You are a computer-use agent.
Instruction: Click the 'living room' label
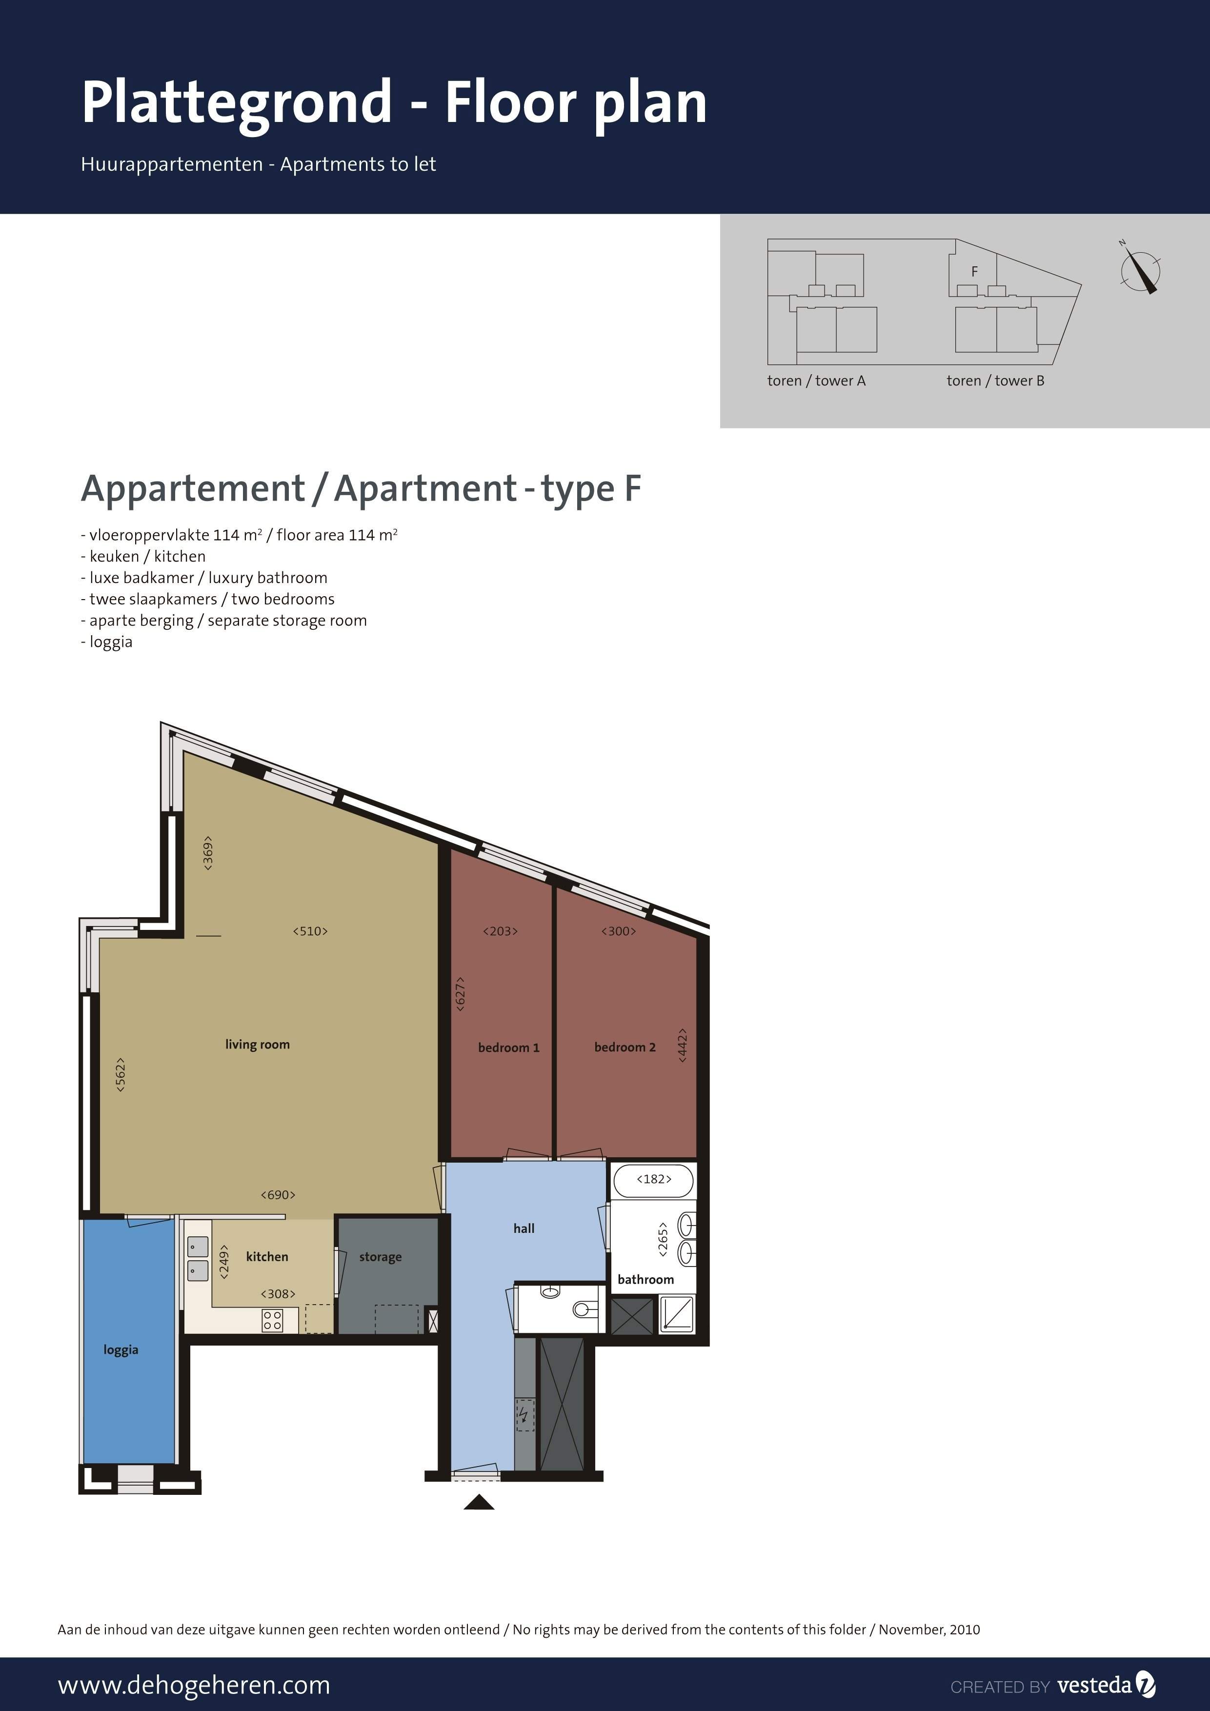coord(257,1044)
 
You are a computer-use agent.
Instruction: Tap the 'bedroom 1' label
coord(508,1047)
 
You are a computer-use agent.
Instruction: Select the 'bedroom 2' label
coord(625,1047)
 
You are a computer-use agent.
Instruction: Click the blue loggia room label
coord(121,1349)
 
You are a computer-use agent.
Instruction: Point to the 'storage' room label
coord(380,1257)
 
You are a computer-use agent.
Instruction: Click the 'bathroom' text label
coord(645,1280)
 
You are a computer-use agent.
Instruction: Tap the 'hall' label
coord(524,1228)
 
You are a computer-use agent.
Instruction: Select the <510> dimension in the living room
coord(310,931)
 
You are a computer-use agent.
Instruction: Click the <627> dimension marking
coord(461,993)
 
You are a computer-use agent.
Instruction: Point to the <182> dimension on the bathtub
coord(653,1179)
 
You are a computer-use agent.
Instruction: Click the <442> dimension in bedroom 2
coord(682,1045)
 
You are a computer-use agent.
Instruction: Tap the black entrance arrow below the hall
coord(479,1502)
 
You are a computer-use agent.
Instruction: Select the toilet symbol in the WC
coord(585,1308)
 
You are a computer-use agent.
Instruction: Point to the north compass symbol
coord(1140,269)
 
